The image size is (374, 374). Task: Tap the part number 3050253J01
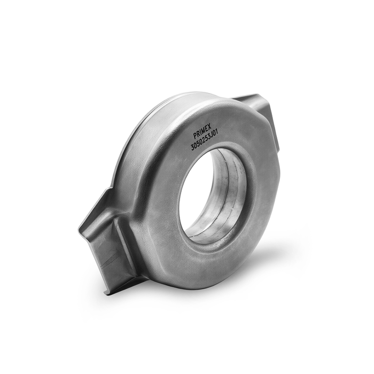coord(205,142)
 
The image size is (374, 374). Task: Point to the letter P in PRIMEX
coord(195,136)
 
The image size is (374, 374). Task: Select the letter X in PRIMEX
coord(209,128)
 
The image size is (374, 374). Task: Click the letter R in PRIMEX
coord(198,134)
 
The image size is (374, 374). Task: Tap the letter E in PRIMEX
coord(206,130)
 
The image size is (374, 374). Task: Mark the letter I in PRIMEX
coord(200,133)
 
